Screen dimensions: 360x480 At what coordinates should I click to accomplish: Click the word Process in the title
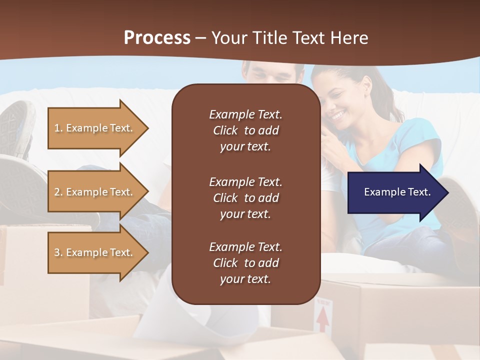click(157, 38)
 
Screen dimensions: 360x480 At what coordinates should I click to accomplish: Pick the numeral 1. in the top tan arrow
click(58, 128)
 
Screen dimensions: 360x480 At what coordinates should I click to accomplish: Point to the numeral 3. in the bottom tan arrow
click(58, 252)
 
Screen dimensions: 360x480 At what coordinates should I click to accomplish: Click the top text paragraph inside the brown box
click(245, 130)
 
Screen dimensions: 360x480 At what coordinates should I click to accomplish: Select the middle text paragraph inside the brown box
click(245, 198)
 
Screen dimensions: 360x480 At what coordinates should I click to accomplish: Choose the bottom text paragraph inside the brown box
click(245, 263)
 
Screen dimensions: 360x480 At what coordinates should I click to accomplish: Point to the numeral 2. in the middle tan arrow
click(58, 192)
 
